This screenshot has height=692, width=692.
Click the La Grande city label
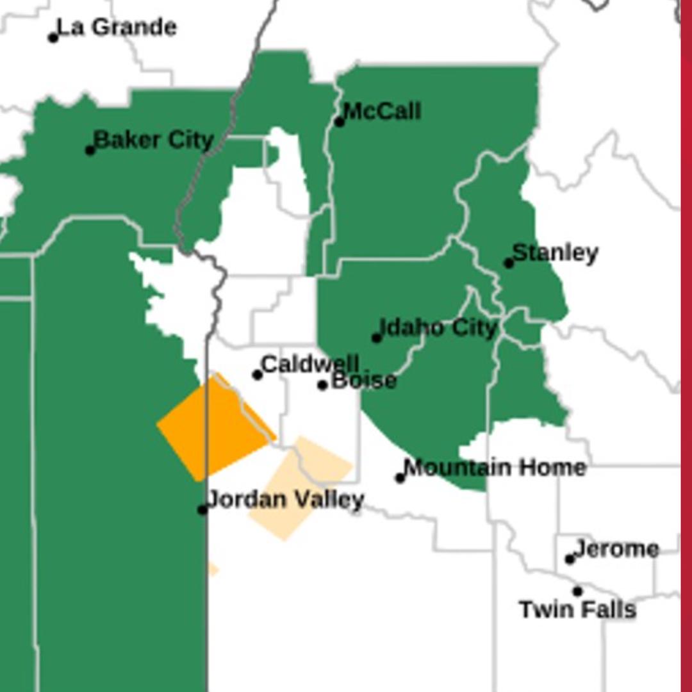117,28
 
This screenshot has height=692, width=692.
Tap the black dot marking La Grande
53,38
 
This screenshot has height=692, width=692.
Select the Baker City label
154,140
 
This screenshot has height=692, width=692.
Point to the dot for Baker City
90,151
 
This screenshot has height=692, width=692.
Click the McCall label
383,111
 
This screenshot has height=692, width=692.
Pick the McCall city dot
339,122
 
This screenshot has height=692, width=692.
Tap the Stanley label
556,253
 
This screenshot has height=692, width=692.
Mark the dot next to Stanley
508,263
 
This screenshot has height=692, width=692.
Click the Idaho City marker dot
377,338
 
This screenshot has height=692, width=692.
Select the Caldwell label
310,364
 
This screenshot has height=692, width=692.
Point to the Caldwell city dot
258,375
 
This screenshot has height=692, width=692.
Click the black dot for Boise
322,385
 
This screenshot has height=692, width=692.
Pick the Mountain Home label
495,468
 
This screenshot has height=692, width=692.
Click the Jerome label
617,549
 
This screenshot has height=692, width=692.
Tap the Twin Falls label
577,609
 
